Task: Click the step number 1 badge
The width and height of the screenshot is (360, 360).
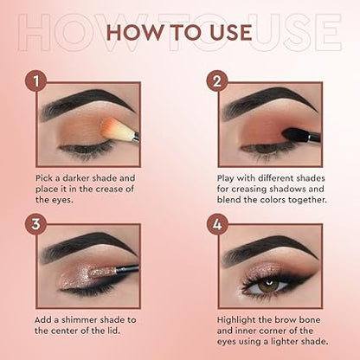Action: tap(35, 84)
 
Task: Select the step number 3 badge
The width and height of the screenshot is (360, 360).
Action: tap(35, 226)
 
